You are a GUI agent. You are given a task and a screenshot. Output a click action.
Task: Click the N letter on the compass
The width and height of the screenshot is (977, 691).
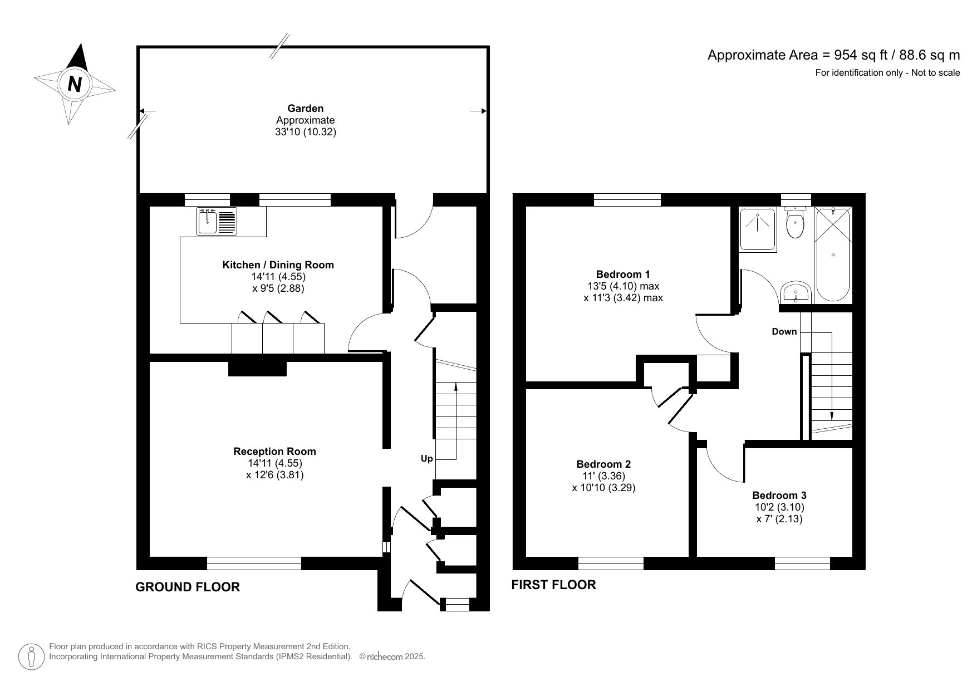click(x=75, y=84)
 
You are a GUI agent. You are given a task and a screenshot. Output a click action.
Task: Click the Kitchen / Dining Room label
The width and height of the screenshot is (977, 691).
click(x=278, y=265)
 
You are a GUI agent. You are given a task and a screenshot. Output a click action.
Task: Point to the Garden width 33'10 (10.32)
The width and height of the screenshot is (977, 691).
click(x=305, y=133)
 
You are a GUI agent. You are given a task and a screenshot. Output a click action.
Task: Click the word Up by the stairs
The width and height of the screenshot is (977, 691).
click(x=426, y=459)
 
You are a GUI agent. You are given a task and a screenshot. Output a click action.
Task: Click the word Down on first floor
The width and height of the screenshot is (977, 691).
click(x=784, y=332)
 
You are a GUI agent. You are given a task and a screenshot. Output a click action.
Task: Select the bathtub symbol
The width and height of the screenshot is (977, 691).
click(x=832, y=254)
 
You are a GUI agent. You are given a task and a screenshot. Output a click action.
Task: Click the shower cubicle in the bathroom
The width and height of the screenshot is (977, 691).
click(x=757, y=229)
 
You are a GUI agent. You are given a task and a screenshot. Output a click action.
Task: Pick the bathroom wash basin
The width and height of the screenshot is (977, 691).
click(x=796, y=292)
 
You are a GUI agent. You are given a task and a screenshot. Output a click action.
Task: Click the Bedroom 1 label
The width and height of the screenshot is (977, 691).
click(x=622, y=274)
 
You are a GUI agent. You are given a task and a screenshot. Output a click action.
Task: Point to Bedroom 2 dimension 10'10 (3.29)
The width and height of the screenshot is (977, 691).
click(x=603, y=488)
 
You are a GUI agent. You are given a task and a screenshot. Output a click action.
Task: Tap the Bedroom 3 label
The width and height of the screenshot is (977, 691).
click(x=779, y=495)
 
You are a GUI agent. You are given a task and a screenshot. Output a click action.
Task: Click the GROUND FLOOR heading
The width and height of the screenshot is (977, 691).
click(x=188, y=587)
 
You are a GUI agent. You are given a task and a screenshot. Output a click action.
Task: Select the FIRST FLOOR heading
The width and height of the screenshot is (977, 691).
click(x=553, y=585)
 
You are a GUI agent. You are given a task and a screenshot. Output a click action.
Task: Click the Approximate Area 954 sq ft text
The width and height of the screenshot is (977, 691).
click(x=833, y=55)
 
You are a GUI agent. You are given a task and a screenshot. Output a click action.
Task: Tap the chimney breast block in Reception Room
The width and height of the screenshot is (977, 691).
click(x=257, y=368)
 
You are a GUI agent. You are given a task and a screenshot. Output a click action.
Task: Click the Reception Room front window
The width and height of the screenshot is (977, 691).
click(x=254, y=563)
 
